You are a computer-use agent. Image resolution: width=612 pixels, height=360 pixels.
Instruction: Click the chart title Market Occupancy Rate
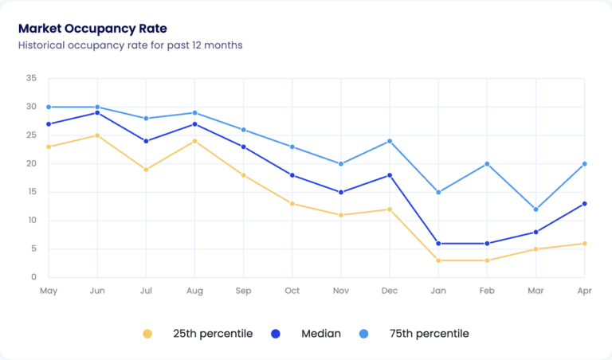click(92, 29)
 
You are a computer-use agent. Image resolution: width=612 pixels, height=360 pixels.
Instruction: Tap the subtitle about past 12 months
click(130, 45)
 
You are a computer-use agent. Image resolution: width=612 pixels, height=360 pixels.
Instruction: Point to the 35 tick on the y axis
click(31, 78)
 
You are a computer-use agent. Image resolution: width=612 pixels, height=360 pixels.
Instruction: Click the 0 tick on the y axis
click(33, 277)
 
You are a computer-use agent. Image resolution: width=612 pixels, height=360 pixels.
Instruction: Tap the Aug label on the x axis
click(194, 291)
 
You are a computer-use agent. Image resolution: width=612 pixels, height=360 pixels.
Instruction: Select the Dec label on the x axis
click(390, 291)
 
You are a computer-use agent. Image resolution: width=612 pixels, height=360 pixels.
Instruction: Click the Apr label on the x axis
click(584, 291)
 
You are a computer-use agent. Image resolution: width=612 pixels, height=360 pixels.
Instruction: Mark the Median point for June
click(97, 112)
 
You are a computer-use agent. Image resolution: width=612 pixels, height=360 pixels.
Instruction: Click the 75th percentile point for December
click(390, 141)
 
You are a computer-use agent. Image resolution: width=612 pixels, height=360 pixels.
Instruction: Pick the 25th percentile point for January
click(438, 260)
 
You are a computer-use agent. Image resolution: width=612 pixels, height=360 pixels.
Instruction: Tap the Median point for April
click(584, 203)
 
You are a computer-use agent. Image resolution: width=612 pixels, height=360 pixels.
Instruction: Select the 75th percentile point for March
click(535, 209)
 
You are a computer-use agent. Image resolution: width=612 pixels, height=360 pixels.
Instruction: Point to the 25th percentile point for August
click(194, 141)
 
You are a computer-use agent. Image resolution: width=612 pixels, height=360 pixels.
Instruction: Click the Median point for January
click(438, 243)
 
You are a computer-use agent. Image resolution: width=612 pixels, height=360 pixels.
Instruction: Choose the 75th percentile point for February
click(487, 164)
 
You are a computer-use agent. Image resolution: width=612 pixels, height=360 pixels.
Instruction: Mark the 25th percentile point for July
click(146, 169)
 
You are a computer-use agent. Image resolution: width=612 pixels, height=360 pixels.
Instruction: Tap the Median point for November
click(341, 192)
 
